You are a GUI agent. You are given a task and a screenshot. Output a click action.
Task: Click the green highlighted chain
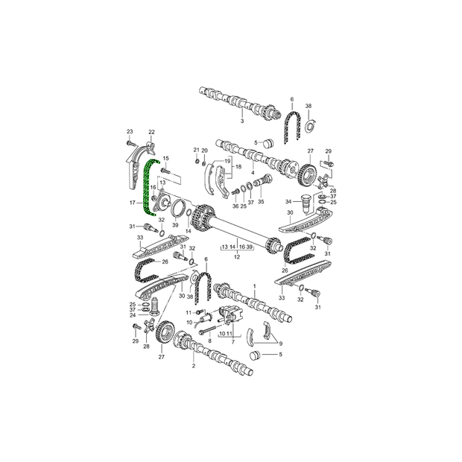pyautogui.click(x=146, y=189)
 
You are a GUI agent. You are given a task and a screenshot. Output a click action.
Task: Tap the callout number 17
pyautogui.click(x=133, y=203)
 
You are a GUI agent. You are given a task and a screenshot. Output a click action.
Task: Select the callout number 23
pyautogui.click(x=130, y=131)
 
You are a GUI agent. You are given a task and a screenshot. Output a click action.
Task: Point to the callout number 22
pyautogui.click(x=151, y=132)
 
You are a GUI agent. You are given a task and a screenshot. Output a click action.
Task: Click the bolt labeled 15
pyautogui.click(x=165, y=171)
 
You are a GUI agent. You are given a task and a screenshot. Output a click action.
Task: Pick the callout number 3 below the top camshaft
pyautogui.click(x=242, y=121)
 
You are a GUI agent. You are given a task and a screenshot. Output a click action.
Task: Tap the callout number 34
pyautogui.click(x=288, y=201)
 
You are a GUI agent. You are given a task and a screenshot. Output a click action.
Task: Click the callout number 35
pyautogui.click(x=261, y=202)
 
